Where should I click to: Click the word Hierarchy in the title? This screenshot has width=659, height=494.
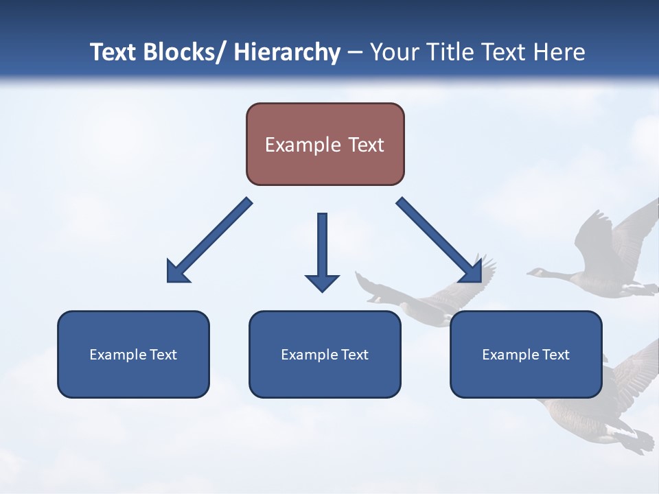pos(286,52)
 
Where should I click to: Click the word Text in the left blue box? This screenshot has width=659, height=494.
pos(163,355)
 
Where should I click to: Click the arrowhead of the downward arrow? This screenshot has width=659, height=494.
pos(322,282)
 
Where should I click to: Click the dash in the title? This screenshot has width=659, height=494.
pos(355,52)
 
